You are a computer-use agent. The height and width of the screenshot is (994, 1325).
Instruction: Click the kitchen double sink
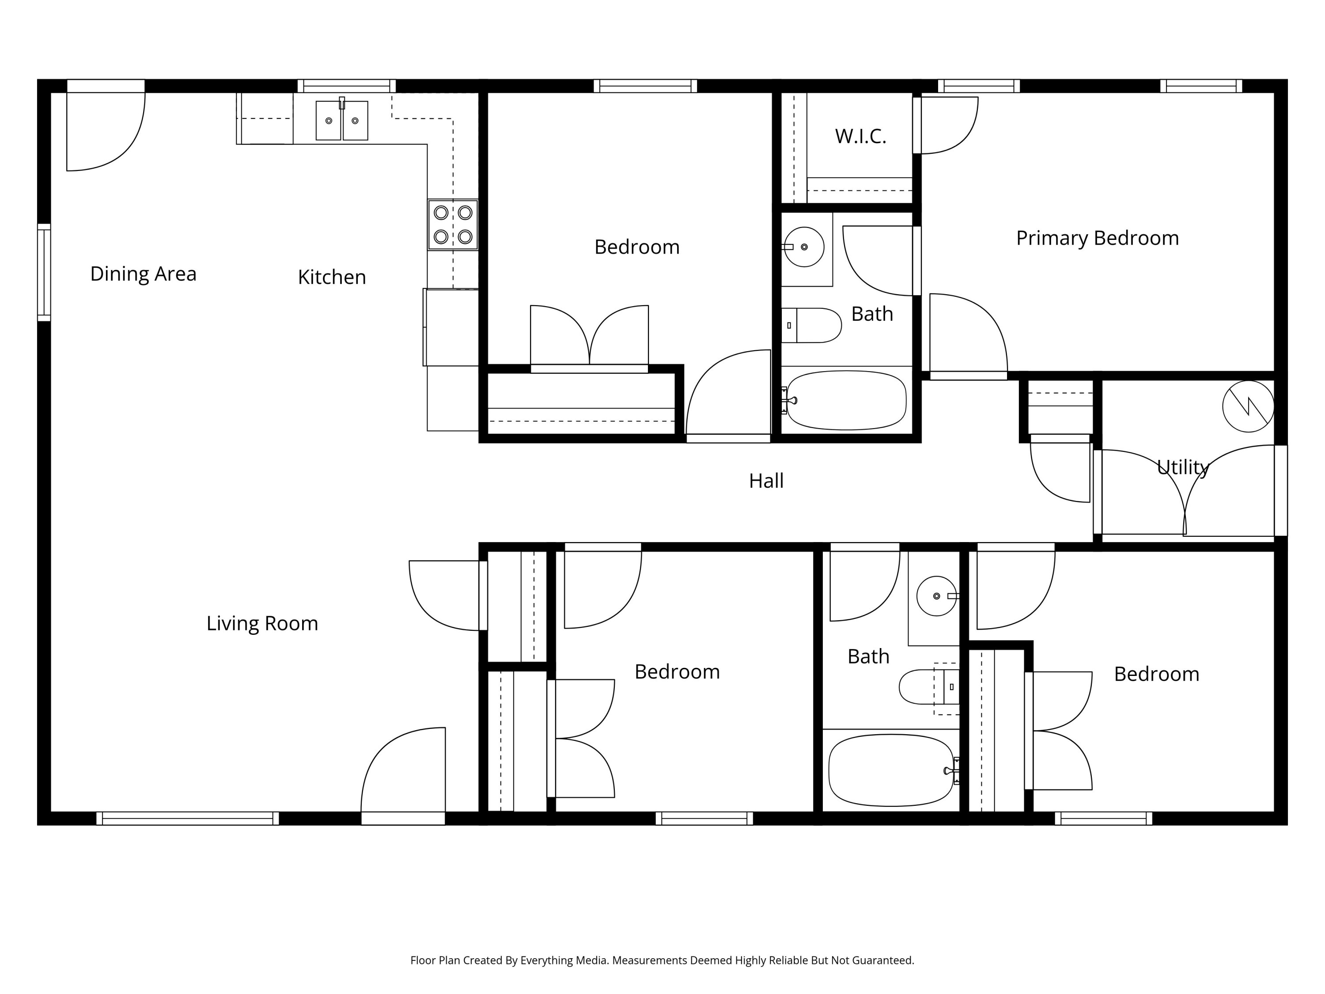341,121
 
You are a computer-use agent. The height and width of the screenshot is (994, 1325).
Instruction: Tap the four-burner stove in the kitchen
453,225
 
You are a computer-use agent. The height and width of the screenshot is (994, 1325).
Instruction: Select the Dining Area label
143,274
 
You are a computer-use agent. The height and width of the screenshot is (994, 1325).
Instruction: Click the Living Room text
262,623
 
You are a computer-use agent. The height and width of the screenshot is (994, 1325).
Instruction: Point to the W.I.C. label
860,137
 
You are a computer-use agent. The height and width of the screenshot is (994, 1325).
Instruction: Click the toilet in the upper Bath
812,325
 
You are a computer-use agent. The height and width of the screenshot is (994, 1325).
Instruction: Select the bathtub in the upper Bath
846,400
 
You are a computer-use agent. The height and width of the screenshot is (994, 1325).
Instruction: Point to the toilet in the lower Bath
928,687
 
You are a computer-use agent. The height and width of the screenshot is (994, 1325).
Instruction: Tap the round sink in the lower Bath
936,596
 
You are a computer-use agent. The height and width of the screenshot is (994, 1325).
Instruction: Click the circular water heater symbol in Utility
1248,406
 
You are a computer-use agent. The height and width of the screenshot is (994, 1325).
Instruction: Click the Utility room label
1182,467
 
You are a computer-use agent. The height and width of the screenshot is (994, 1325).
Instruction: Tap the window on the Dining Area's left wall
44,273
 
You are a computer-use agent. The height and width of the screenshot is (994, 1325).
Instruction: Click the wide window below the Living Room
188,819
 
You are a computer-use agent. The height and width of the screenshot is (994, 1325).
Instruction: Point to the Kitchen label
331,277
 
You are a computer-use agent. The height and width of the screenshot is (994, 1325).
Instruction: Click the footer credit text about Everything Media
662,960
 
